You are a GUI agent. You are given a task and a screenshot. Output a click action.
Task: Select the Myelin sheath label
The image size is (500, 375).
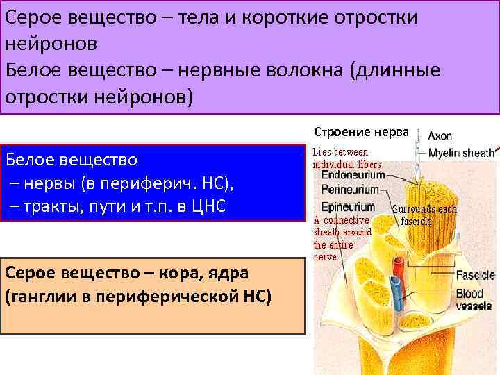point(460,153)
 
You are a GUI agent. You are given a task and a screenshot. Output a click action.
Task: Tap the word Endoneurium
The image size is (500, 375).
point(352,176)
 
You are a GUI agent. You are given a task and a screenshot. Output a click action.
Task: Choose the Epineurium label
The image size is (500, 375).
point(348,207)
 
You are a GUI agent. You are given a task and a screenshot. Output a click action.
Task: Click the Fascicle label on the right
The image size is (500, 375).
point(475,276)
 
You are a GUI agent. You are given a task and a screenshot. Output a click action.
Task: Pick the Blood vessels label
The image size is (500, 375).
point(474,300)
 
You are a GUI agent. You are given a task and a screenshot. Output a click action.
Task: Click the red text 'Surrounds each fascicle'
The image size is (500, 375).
point(424,215)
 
